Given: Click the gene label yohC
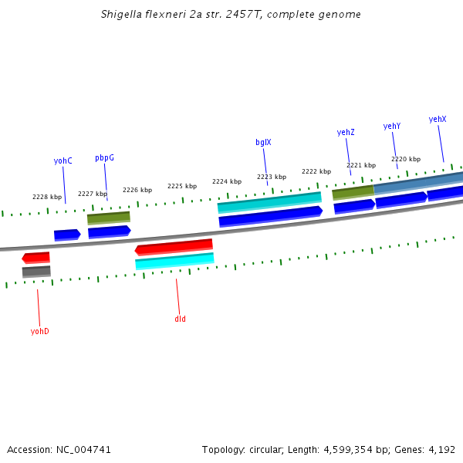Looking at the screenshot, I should tap(63, 161).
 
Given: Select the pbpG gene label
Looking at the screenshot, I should tap(104, 157).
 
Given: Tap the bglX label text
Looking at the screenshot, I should tap(263, 142).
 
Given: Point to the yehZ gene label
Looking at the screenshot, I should tap(346, 132).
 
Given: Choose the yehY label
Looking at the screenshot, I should tap(392, 126).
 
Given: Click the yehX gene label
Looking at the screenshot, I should tap(438, 119).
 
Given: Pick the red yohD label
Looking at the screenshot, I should tap(39, 331).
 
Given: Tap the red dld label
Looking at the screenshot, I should tap(180, 319).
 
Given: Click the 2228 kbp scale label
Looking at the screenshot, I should tap(47, 197).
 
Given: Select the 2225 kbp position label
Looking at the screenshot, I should tap(182, 186).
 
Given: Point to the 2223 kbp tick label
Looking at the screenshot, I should tap(272, 177).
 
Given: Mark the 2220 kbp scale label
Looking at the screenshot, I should tap(406, 159).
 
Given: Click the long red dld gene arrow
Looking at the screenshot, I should tap(174, 247).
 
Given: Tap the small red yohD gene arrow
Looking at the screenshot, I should tap(36, 257).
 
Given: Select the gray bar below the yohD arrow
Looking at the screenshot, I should tap(36, 271).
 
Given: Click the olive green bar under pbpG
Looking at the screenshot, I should tap(109, 218).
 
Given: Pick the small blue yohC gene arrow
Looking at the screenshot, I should tap(67, 234).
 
